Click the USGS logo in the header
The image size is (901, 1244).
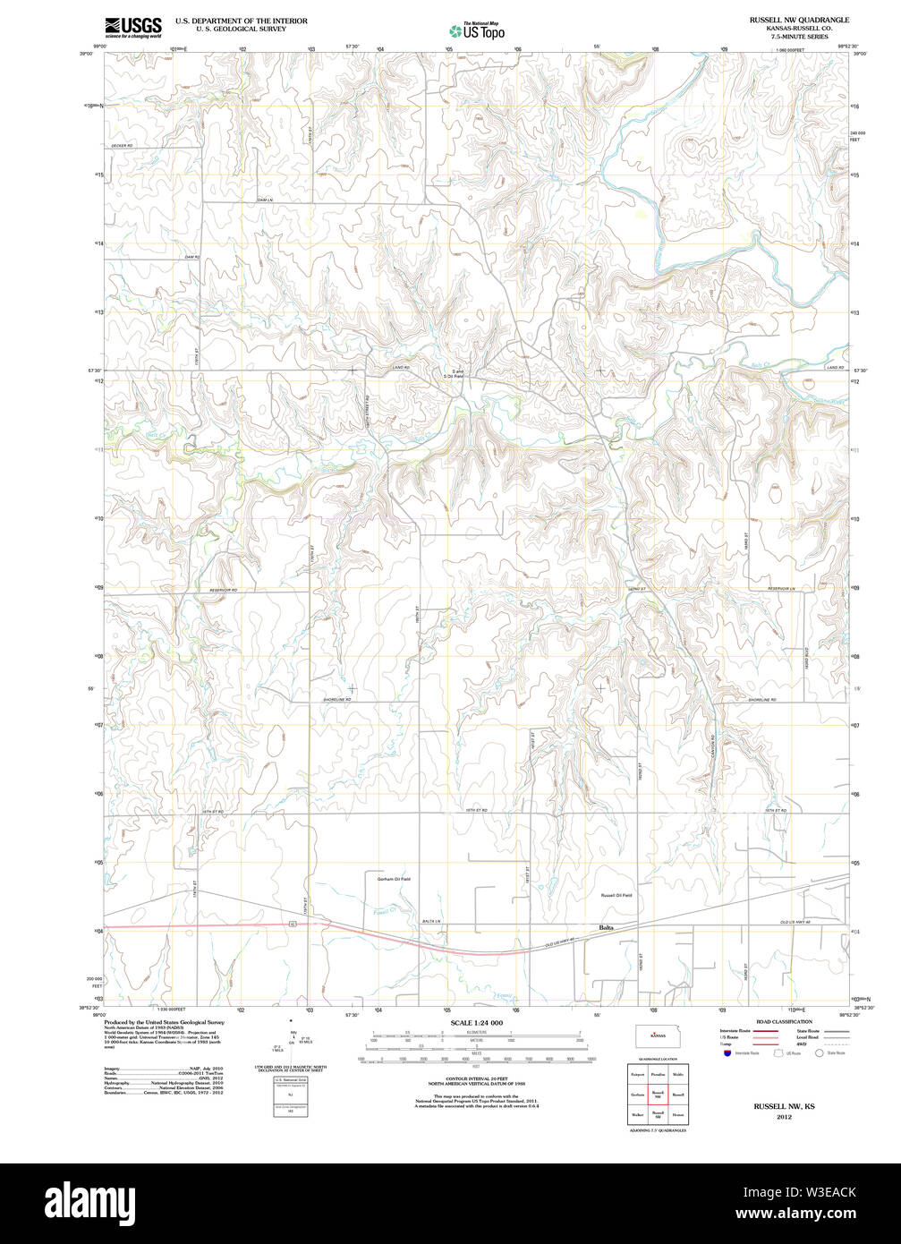coord(132,27)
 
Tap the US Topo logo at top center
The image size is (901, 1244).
coord(476,30)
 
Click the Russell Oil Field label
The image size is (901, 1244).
coord(616,895)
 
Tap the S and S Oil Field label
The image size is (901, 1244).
coord(458,373)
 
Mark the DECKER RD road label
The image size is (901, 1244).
coord(122,146)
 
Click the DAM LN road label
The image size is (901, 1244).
coord(263,199)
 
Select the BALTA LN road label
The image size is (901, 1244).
coord(432,921)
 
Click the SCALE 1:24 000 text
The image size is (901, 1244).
coord(477,1023)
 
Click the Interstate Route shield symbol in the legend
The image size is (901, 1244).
coord(727,1053)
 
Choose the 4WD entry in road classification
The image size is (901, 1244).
coord(802,1044)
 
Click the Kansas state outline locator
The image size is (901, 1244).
coord(658,1035)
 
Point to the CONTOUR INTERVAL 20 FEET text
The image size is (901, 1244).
coord(477,1075)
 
